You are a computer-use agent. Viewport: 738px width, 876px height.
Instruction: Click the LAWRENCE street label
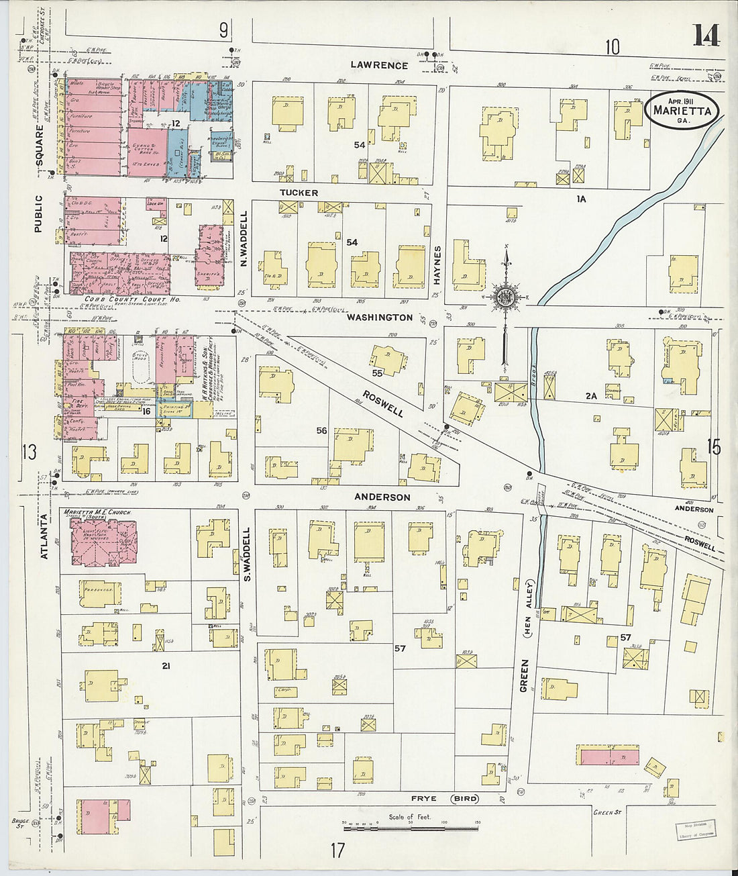tap(379, 65)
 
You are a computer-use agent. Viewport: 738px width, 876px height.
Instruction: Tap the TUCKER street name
tap(299, 193)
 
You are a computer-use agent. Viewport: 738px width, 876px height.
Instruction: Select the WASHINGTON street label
tap(380, 317)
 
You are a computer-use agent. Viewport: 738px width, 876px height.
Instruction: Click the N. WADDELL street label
tap(244, 238)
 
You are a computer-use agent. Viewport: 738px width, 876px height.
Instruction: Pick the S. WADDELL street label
tap(246, 554)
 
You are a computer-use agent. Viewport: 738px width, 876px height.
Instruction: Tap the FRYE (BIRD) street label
tap(446, 799)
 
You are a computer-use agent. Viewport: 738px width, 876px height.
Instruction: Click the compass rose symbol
tap(505, 297)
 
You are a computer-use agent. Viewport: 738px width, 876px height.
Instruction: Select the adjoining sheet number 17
tap(337, 850)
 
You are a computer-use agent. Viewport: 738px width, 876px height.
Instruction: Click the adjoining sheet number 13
tap(29, 452)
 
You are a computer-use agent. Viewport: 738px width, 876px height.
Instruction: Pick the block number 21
tap(165, 665)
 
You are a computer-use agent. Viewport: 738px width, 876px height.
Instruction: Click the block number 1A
tap(580, 199)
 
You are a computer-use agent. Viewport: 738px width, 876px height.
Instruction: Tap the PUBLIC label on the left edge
tap(38, 213)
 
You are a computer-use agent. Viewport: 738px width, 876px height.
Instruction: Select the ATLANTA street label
tap(45, 536)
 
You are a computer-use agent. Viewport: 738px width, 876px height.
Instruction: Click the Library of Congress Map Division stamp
tap(695, 829)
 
